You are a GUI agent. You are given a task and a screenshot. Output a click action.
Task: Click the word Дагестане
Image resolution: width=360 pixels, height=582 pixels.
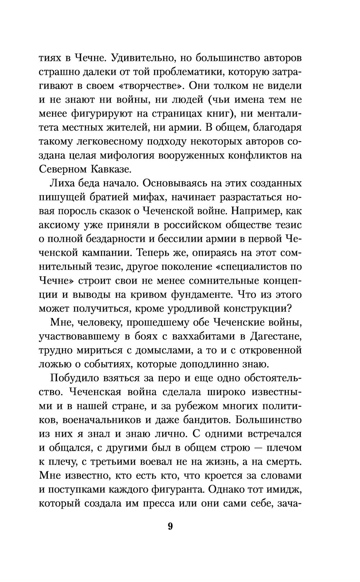point(273,336)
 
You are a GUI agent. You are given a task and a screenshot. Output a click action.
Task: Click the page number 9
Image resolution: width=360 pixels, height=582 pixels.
point(170,526)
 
